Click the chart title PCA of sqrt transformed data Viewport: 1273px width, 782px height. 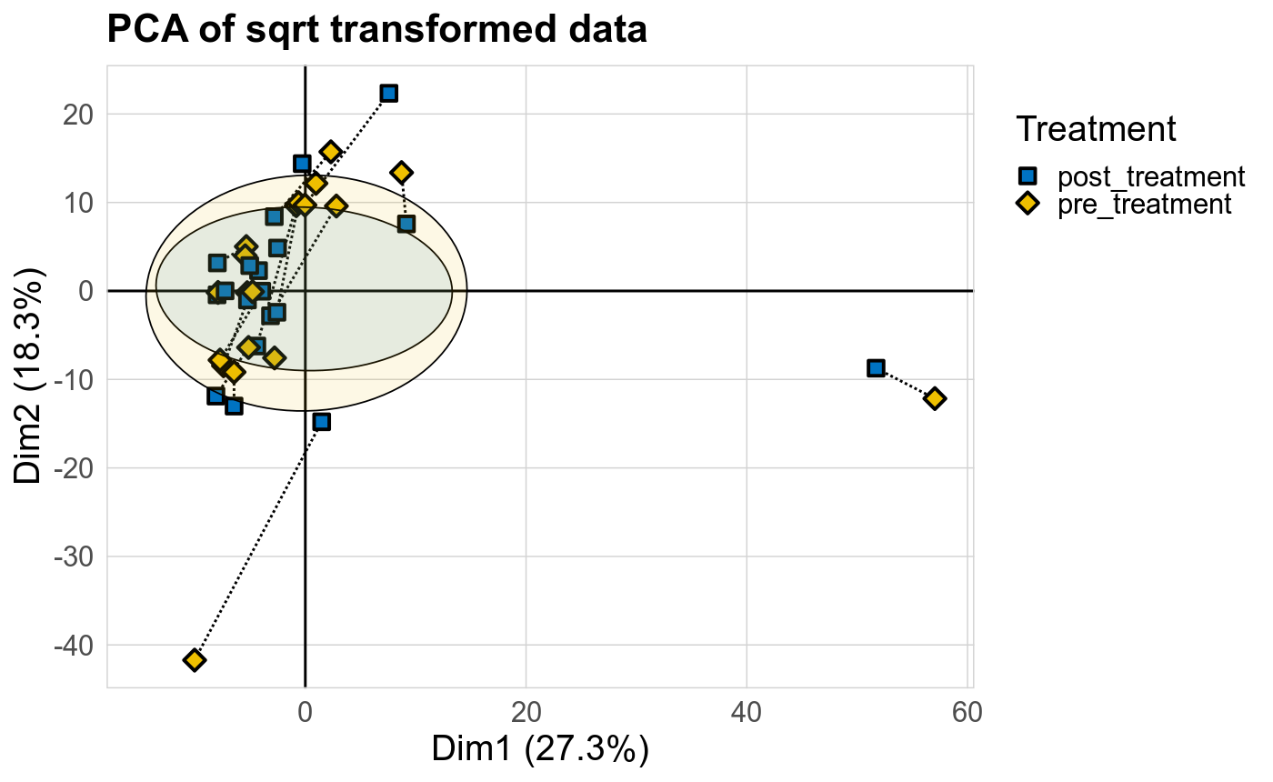[376, 30]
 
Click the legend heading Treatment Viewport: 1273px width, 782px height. [1097, 128]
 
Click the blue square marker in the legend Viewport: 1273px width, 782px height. [1027, 176]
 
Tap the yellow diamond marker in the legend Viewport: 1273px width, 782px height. [1027, 203]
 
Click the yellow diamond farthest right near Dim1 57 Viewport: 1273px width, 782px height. [934, 398]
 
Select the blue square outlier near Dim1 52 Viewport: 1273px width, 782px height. [876, 368]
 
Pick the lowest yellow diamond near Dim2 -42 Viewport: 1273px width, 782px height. [194, 659]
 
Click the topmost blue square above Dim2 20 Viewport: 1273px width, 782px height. [389, 94]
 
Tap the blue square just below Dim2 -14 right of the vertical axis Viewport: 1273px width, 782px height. [321, 422]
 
